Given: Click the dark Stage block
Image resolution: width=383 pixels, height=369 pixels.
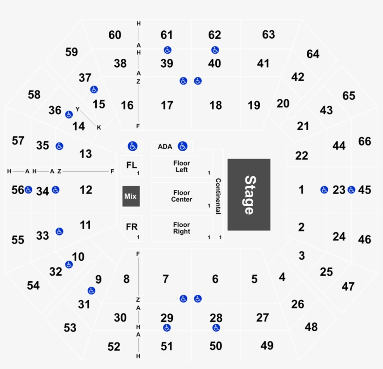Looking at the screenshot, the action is pos(249,195).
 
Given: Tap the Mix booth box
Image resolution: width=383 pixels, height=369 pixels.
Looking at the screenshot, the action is pos(131,196).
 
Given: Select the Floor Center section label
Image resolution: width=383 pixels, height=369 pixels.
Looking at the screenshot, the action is pos(182,196).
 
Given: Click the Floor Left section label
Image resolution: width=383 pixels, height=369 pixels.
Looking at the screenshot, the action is pos(182,167).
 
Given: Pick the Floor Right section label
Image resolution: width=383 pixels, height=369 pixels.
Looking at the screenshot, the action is pos(182,228).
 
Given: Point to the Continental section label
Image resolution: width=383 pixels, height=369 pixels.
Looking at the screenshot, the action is pos(218,196).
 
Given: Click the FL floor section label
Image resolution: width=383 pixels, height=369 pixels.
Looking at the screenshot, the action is pos(132,165).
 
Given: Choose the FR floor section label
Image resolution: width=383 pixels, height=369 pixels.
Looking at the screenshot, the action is pos(132,227).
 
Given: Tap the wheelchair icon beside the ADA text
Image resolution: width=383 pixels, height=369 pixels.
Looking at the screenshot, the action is pos(183,146).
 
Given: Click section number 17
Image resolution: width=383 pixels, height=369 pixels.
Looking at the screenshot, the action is pos(167,105).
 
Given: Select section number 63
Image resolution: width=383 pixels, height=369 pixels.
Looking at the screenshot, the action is pos(269,35).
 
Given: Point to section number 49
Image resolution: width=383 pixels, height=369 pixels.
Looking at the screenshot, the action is pos(267,345).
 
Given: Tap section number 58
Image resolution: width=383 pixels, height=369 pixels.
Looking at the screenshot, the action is pos(34,95).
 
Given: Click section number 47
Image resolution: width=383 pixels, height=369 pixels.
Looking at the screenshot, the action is pos(348,286).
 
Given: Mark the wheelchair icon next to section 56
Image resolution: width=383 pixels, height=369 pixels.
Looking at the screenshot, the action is pos(28,190).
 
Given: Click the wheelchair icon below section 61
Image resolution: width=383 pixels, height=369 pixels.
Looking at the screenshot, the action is pos(167,50).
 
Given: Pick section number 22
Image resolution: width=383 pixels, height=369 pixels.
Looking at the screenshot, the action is pos(302,156).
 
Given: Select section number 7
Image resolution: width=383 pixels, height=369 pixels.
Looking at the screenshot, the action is pos(166,279).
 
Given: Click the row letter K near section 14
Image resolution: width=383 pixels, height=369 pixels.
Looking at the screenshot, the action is pos(99,127).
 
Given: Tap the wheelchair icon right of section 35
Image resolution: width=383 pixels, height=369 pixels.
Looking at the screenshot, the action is pos(59,146).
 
